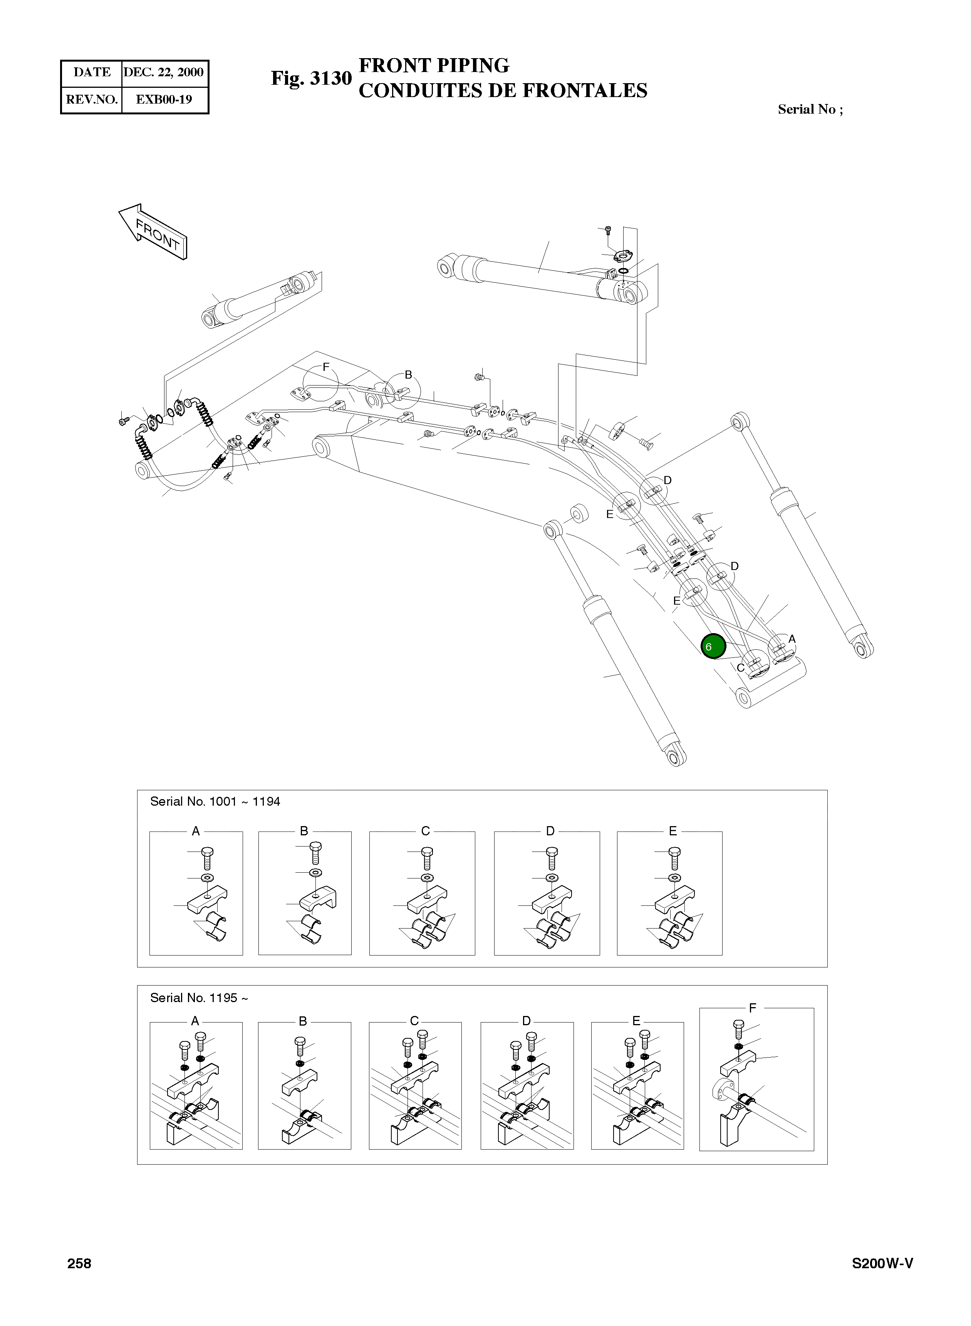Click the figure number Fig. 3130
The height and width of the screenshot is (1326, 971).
click(x=311, y=78)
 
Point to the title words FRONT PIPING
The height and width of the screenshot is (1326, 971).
click(x=434, y=65)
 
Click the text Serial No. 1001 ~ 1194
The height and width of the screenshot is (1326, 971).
click(x=215, y=802)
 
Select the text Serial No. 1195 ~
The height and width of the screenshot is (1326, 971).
click(x=199, y=998)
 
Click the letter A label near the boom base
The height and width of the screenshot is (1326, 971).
click(x=792, y=639)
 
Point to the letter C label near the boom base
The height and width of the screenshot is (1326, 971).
click(x=741, y=668)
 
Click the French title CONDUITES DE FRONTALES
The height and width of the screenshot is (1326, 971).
click(x=503, y=91)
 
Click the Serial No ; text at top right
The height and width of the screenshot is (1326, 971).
click(x=810, y=109)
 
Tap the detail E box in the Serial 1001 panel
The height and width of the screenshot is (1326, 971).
click(x=669, y=893)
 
